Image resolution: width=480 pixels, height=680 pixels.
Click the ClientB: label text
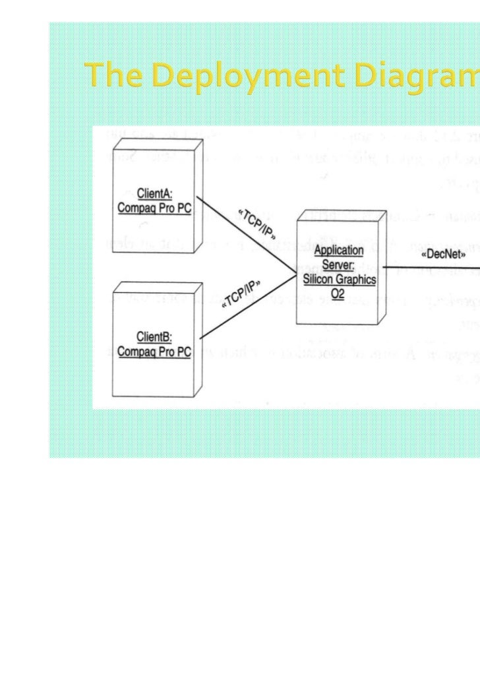point(154,338)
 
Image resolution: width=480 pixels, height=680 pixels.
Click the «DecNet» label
point(443,253)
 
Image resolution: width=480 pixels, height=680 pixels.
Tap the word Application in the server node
point(338,251)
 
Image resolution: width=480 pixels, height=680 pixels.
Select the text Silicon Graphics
point(340,279)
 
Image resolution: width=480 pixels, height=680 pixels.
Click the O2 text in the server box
point(338,294)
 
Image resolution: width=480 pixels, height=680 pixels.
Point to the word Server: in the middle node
point(338,265)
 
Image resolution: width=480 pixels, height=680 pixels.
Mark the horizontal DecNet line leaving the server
point(435,267)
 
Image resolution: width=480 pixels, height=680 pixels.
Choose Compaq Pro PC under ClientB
point(154,352)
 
